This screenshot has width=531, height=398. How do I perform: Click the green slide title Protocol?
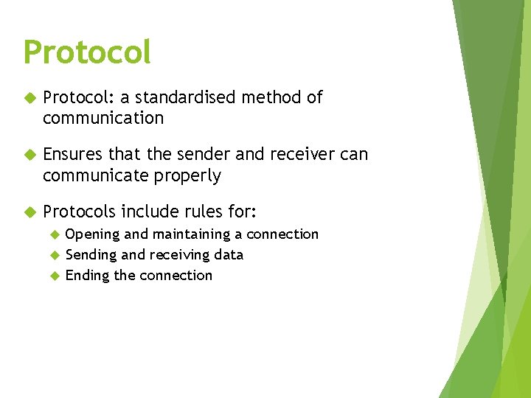click(x=87, y=52)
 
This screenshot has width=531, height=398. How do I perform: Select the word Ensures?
click(x=73, y=154)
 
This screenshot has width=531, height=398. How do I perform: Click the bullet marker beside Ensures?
click(x=30, y=155)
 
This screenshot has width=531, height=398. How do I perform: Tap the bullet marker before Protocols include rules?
click(x=30, y=212)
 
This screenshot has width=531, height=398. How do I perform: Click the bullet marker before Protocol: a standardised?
click(x=30, y=98)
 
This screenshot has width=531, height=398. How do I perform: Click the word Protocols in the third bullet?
click(x=79, y=212)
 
